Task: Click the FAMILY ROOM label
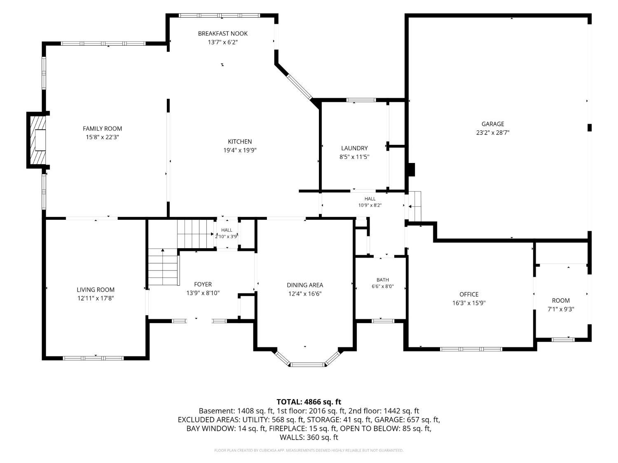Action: point(102,128)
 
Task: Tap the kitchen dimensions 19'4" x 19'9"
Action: point(240,150)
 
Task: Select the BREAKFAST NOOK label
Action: point(223,33)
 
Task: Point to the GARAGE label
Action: point(493,124)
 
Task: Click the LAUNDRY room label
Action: point(354,148)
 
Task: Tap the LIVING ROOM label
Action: point(96,290)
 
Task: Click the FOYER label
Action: point(203,284)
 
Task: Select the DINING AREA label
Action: point(305,285)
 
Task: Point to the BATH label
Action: point(383,280)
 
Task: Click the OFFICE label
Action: point(469,294)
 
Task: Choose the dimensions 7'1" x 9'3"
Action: point(561,309)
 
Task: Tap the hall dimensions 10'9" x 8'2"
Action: point(370,205)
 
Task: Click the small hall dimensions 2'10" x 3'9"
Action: point(227,236)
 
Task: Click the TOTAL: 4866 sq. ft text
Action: point(309,402)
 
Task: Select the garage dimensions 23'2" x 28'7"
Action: point(493,133)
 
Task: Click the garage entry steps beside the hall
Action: point(415,206)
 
